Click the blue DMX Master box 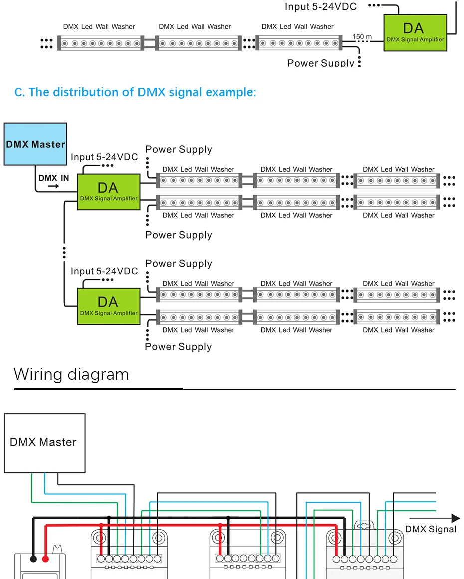(35, 144)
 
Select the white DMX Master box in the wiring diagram (45, 443)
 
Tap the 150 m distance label (362, 37)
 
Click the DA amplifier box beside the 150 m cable (415, 33)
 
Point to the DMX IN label (54, 178)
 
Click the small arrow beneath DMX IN (53, 186)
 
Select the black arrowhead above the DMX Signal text (456, 518)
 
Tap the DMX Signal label (431, 529)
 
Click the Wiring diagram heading (71, 374)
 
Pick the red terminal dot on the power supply (45, 559)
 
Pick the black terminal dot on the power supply (33, 559)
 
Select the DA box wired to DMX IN (109, 192)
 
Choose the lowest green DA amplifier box (109, 307)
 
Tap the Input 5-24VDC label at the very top (321, 7)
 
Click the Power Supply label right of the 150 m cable (321, 63)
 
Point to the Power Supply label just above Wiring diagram (178, 347)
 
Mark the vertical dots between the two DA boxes (64, 252)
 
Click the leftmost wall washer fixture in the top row (100, 43)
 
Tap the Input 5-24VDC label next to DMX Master (104, 157)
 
